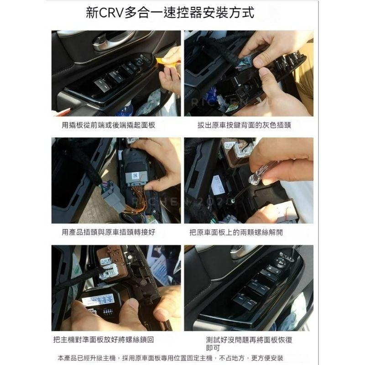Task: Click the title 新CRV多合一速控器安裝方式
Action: point(182,12)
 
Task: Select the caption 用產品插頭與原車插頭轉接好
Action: point(108,232)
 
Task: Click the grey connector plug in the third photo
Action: point(112,197)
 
